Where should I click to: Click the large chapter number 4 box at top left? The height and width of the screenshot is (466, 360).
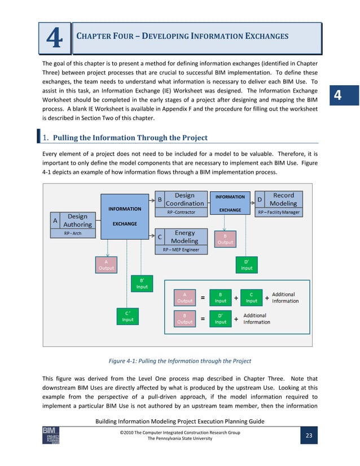55,38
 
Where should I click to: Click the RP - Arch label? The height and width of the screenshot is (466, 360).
72,234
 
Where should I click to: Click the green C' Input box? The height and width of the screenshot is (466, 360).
128,316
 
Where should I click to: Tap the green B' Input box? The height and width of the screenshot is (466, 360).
142,283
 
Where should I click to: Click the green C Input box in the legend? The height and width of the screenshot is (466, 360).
251,297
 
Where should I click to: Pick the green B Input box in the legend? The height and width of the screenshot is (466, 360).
221,297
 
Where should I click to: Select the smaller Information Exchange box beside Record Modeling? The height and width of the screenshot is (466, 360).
230,203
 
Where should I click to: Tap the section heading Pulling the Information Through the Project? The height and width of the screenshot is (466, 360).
130,138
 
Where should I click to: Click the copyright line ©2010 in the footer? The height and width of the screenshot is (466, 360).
179,433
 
